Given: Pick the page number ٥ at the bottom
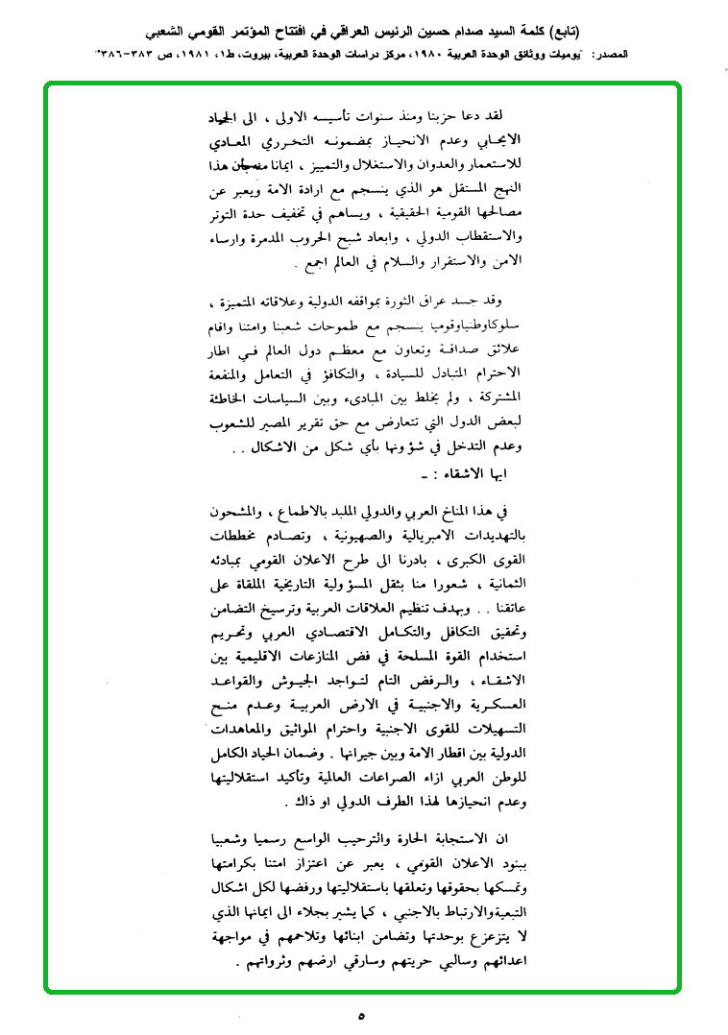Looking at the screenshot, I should pos(362,1014).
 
